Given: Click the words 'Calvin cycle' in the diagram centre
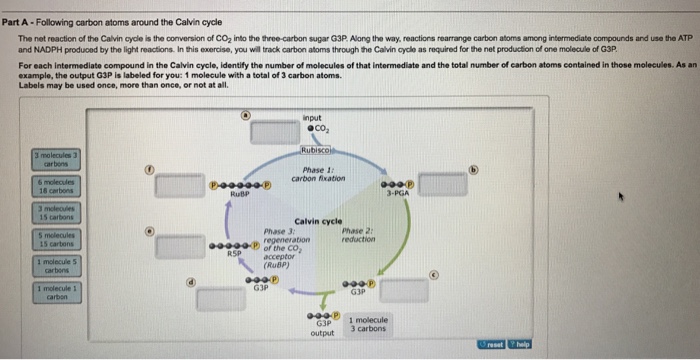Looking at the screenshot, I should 318,221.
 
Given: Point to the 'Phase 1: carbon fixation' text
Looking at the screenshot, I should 318,174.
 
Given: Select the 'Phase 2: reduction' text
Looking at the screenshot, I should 357,235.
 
